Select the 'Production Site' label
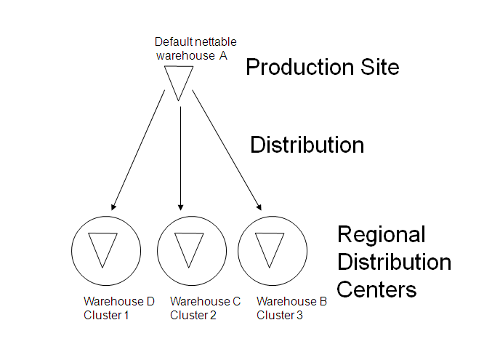(322, 68)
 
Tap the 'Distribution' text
(307, 145)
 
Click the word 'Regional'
(382, 235)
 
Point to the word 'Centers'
(376, 289)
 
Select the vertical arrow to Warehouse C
(180, 156)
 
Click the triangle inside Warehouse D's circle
(102, 248)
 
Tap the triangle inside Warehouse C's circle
(188, 248)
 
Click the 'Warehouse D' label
(118, 302)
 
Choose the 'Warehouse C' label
(205, 302)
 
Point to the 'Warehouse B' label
(291, 302)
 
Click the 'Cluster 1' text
(106, 315)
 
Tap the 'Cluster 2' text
(193, 315)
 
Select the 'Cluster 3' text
(280, 315)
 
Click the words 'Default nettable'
(195, 42)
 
